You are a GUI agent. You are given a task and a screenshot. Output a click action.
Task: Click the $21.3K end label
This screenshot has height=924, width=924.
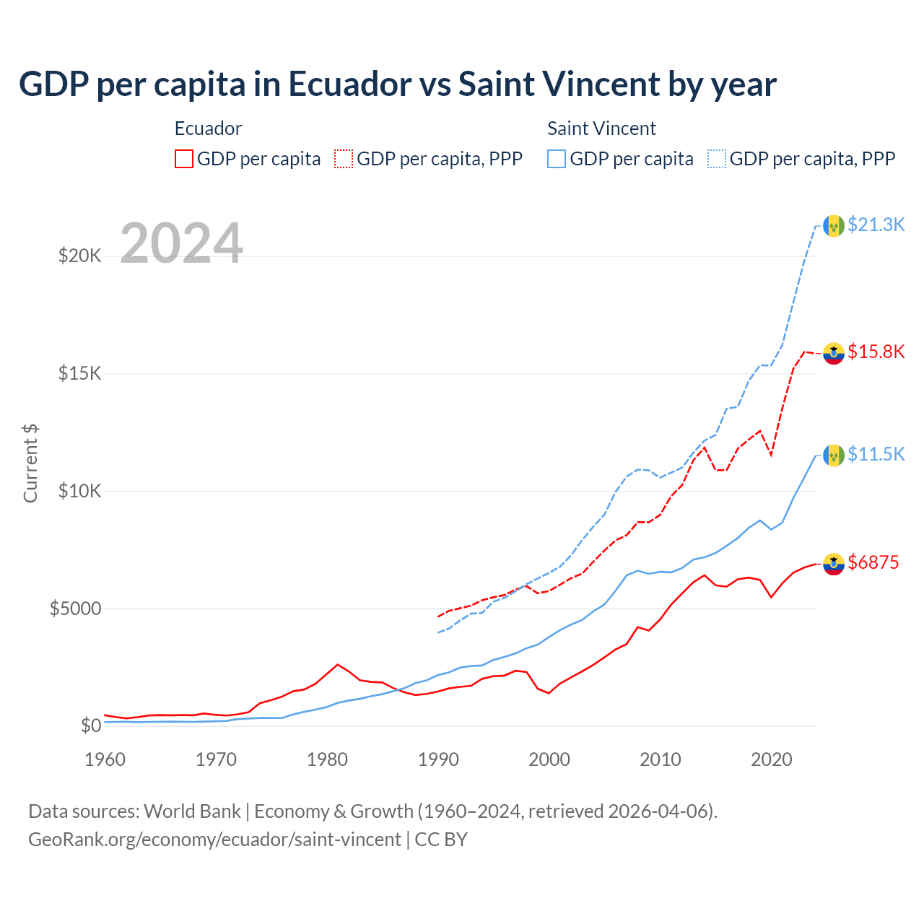click(876, 225)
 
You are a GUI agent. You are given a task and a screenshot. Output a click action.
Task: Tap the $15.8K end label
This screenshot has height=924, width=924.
click(876, 352)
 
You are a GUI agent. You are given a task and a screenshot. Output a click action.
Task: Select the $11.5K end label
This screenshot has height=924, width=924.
click(876, 454)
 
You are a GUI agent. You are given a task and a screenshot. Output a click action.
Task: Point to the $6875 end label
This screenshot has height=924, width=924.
click(873, 562)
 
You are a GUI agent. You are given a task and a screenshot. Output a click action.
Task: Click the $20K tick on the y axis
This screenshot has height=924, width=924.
click(79, 256)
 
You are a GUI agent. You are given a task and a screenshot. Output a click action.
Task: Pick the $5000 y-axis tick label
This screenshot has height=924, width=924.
click(75, 609)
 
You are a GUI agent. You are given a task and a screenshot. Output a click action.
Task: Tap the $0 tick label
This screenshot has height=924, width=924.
click(90, 725)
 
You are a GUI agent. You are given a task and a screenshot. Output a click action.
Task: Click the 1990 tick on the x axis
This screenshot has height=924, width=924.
click(438, 759)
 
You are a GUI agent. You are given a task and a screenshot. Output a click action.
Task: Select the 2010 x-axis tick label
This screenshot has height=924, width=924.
click(661, 759)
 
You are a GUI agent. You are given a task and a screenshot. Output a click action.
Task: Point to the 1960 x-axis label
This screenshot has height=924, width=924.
click(105, 759)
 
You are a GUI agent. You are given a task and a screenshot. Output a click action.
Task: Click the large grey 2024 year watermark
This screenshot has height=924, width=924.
click(181, 243)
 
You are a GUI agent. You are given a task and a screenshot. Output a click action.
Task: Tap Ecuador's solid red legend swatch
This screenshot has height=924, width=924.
click(184, 159)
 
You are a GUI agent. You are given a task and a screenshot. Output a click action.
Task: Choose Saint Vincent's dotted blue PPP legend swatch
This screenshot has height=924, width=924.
click(717, 159)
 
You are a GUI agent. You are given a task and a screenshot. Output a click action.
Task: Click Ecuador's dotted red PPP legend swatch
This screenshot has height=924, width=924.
click(344, 159)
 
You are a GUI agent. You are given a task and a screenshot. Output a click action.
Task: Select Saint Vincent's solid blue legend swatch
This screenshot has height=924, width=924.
click(557, 159)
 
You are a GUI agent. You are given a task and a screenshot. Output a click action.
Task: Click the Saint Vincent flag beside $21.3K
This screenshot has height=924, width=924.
click(834, 225)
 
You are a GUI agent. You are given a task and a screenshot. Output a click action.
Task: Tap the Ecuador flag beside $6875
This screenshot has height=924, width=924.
click(834, 564)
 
